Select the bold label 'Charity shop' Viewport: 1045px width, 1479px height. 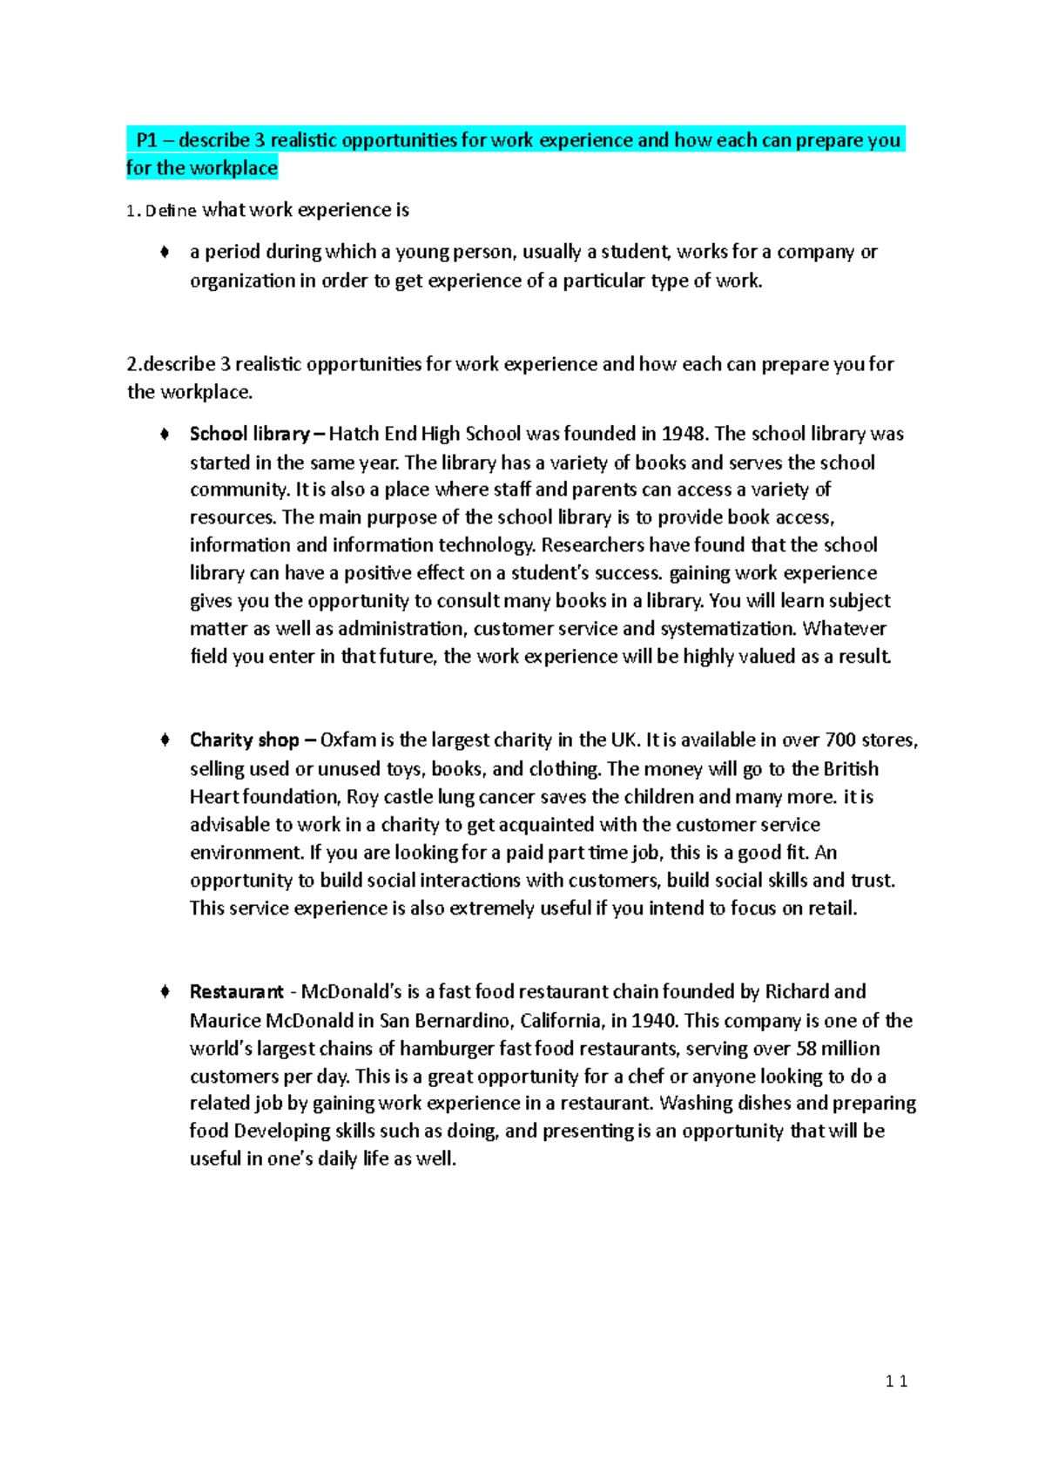pyautogui.click(x=245, y=740)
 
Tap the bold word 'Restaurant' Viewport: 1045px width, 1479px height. pyautogui.click(x=237, y=992)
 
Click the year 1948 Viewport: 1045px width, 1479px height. pyautogui.click(x=684, y=434)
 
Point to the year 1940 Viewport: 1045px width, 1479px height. pyautogui.click(x=655, y=1020)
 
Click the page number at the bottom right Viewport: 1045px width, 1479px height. pyautogui.click(x=896, y=1381)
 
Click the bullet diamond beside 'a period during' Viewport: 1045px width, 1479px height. pyautogui.click(x=164, y=253)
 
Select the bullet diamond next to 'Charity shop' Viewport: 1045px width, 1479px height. pyautogui.click(x=164, y=740)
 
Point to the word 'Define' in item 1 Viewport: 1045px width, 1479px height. pyautogui.click(x=171, y=211)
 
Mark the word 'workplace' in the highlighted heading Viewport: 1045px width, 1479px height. pyautogui.click(x=232, y=168)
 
